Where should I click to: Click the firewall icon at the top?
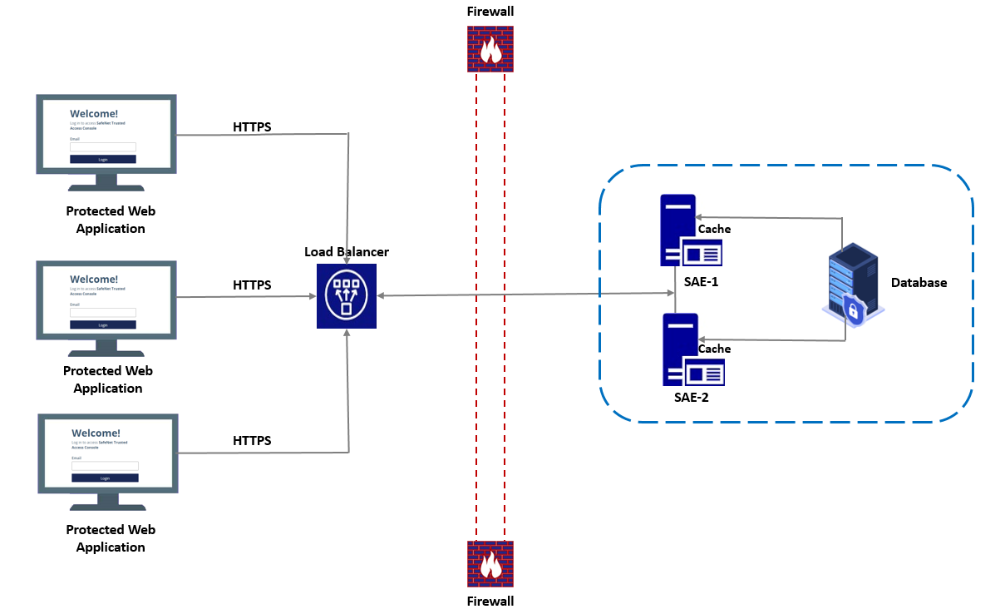coord(490,48)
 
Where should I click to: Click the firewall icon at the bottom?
coord(490,564)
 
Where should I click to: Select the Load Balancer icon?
coord(346,295)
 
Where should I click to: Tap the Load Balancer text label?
coord(346,252)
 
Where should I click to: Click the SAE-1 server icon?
coord(689,230)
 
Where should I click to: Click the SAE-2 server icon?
coord(692,349)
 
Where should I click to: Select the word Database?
coord(919,283)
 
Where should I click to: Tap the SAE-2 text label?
coord(692,398)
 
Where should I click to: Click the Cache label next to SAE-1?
coord(714,230)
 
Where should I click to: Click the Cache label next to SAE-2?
coord(714,349)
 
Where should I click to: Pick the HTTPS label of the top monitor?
coord(252,127)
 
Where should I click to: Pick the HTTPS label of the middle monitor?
coord(252,285)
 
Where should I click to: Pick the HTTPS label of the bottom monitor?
coord(252,441)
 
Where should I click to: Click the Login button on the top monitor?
coord(103,159)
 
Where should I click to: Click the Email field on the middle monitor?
coord(103,313)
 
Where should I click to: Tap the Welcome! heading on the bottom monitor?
coord(96,433)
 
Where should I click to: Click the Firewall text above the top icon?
coord(490,12)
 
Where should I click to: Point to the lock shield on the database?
coord(852,311)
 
